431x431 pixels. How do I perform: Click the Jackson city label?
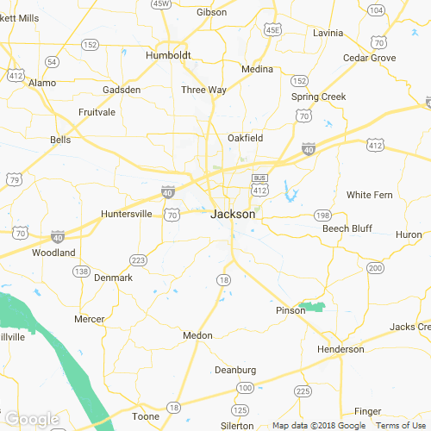(x=233, y=214)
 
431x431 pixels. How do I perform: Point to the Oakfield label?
(x=245, y=138)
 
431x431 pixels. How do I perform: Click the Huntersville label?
(x=126, y=214)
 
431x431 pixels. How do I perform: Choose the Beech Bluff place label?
(x=347, y=228)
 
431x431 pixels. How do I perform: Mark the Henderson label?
(x=340, y=349)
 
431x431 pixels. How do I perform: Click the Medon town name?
(x=197, y=334)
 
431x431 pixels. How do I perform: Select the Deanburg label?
(x=235, y=371)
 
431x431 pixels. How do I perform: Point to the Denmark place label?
(x=113, y=278)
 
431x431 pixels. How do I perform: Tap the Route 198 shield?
(x=323, y=215)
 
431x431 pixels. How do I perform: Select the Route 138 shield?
(x=82, y=271)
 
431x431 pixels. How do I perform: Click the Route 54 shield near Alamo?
(x=53, y=61)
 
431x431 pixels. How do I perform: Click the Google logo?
(x=31, y=420)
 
